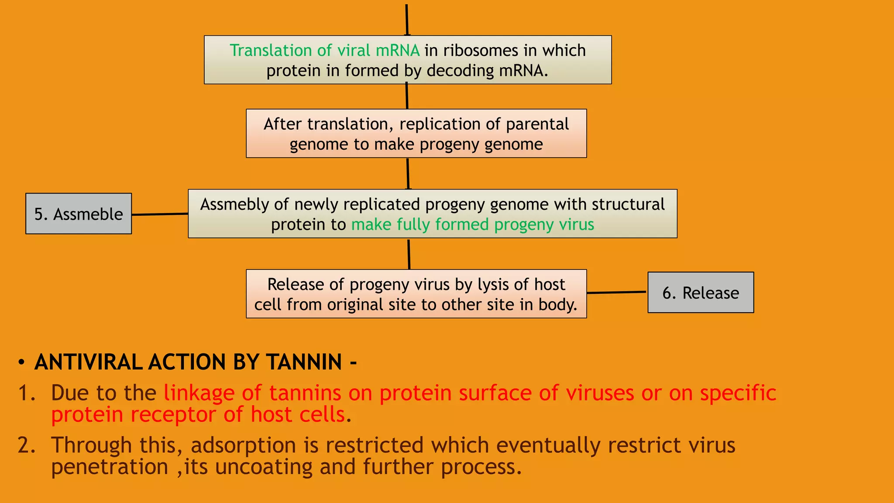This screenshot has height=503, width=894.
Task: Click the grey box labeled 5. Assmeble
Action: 79,214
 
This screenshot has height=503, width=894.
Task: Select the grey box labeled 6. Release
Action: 700,293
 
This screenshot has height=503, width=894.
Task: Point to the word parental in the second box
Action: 537,124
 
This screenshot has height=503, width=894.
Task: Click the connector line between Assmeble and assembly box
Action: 160,214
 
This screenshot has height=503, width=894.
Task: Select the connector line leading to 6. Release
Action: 616,292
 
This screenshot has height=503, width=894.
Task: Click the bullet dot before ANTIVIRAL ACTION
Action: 21,363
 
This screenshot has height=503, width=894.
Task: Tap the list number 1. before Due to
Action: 26,393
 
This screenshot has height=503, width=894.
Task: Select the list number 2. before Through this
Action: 26,445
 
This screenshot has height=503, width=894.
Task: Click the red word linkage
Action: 199,393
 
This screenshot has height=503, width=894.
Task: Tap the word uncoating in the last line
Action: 264,467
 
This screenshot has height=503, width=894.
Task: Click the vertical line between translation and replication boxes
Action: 407,96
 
